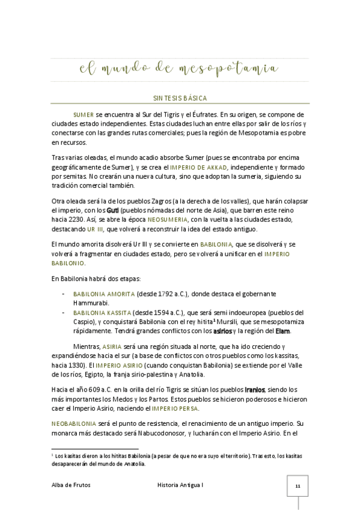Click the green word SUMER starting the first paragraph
pyautogui.click(x=83, y=114)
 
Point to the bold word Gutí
pyautogui.click(x=113, y=210)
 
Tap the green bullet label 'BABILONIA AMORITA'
pyautogui.click(x=103, y=293)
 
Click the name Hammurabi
pyautogui.click(x=91, y=303)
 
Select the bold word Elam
pyautogui.click(x=284, y=332)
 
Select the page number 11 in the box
pyautogui.click(x=297, y=484)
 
